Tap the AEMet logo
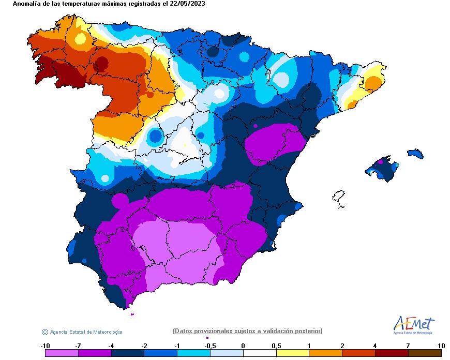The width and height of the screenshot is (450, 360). [x=414, y=325]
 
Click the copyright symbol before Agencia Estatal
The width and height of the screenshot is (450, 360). [x=45, y=332]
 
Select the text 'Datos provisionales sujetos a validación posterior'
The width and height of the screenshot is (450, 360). [x=247, y=331]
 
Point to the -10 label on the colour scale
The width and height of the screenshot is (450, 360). [x=46, y=346]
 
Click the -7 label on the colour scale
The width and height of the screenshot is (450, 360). [x=78, y=346]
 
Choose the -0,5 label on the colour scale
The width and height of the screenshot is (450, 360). [x=210, y=346]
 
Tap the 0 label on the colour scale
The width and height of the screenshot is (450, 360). [x=243, y=346]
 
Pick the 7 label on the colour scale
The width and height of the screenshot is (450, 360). [x=408, y=346]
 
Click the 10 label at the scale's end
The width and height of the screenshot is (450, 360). [x=441, y=346]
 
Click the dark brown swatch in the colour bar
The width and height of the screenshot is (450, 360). [x=425, y=353]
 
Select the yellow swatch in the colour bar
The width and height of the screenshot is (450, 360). [x=293, y=353]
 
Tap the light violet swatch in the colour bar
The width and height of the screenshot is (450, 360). [x=62, y=353]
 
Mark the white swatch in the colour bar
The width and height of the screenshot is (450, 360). [x=260, y=353]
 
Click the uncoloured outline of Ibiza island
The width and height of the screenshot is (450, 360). [x=338, y=196]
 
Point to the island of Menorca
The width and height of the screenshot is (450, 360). [x=415, y=154]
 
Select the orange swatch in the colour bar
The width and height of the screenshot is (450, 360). [x=326, y=353]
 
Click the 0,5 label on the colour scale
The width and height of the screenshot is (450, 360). [x=276, y=346]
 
